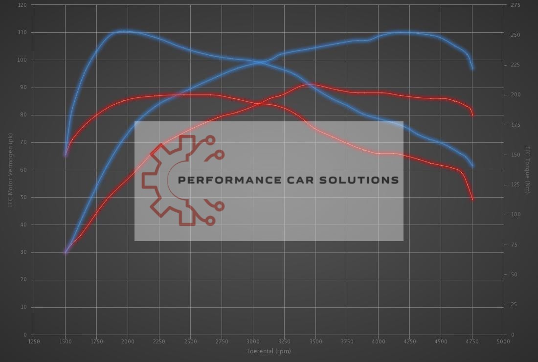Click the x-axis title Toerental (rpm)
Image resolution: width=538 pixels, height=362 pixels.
pyautogui.click(x=269, y=351)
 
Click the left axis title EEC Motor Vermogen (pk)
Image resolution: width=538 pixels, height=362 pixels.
pyautogui.click(x=10, y=170)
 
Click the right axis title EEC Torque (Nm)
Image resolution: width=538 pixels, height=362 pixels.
pyautogui.click(x=528, y=170)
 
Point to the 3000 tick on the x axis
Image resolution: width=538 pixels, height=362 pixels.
pyautogui.click(x=253, y=341)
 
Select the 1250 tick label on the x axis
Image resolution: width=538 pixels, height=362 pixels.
pyautogui.click(x=34, y=341)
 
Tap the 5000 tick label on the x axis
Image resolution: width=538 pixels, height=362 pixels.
pyautogui.click(x=503, y=341)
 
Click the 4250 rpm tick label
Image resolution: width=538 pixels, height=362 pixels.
pyautogui.click(x=409, y=341)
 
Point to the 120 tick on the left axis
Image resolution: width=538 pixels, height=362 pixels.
pyautogui.click(x=22, y=5)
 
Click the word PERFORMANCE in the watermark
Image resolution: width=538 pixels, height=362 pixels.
pyautogui.click(x=229, y=180)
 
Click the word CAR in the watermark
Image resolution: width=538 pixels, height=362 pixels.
pyautogui.click(x=300, y=180)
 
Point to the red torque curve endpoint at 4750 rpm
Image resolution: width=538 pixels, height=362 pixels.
pyautogui.click(x=472, y=199)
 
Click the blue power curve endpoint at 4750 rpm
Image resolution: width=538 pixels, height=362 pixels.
pyautogui.click(x=472, y=68)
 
